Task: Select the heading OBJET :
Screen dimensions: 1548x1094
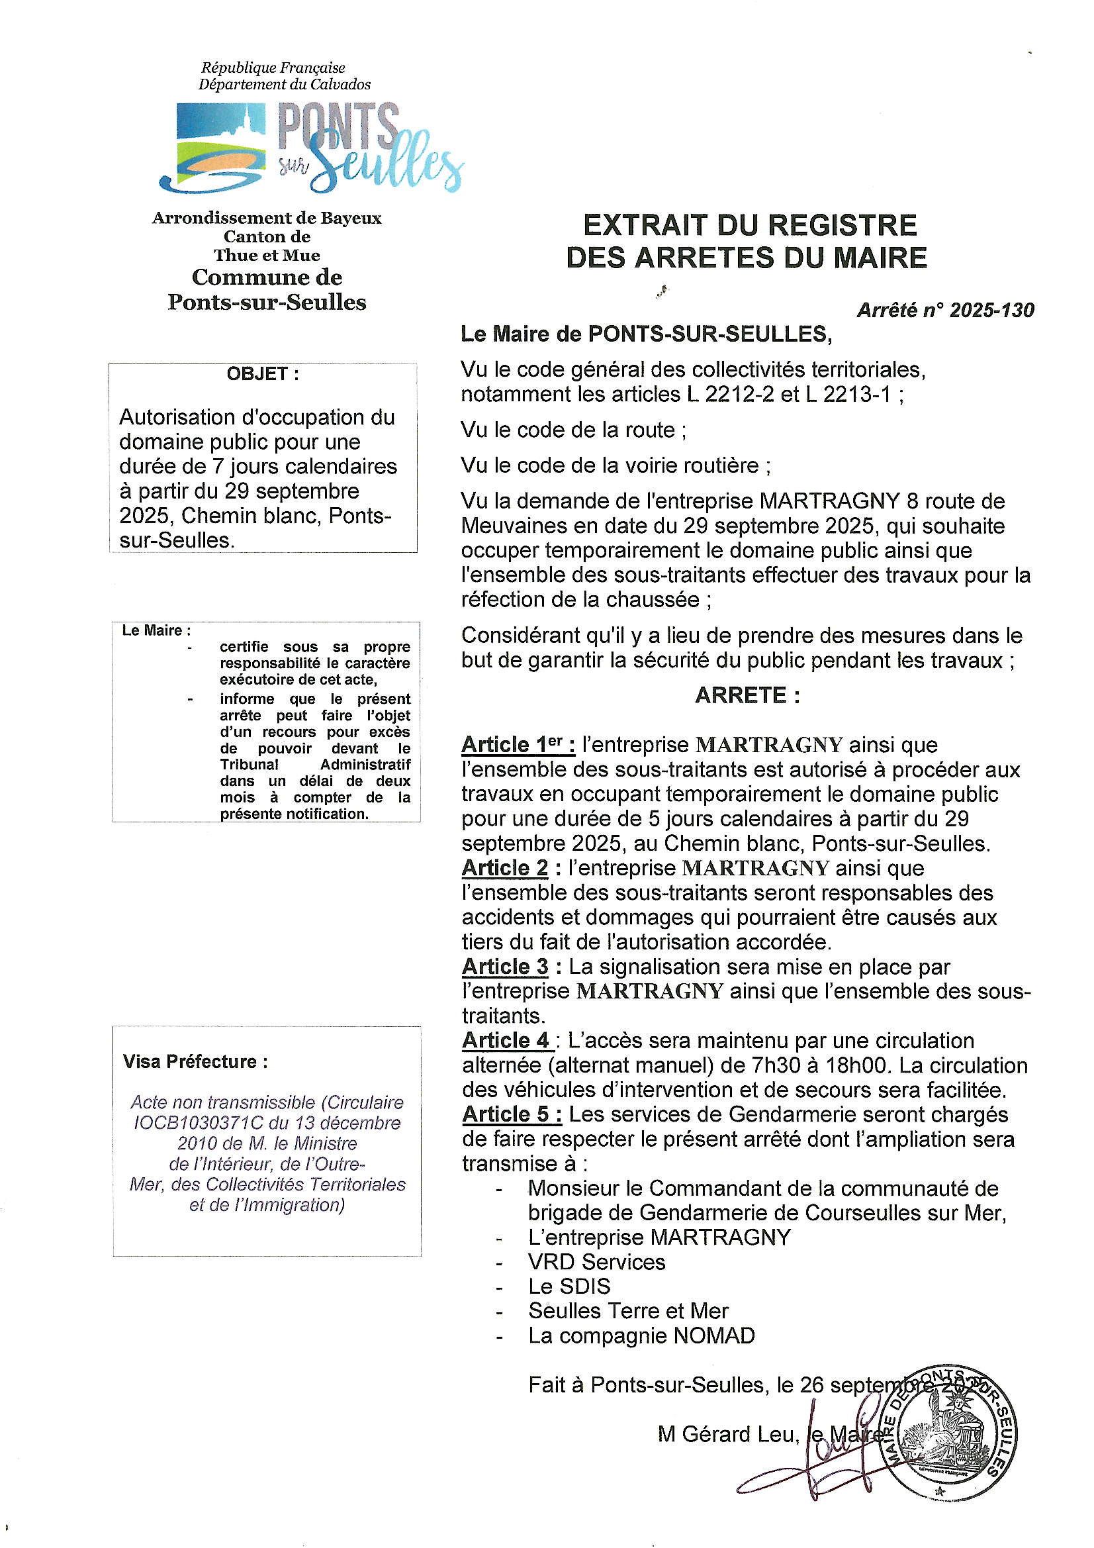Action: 262,374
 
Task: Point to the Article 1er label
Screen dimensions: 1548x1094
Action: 518,745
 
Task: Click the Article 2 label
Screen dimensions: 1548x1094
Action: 506,869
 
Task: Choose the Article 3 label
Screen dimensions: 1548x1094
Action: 506,967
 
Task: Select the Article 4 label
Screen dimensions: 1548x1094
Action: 507,1040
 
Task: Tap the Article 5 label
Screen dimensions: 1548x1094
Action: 512,1114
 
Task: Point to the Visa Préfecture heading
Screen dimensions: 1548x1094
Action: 195,1062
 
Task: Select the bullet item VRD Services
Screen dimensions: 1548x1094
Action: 596,1262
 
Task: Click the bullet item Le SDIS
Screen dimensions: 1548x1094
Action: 569,1286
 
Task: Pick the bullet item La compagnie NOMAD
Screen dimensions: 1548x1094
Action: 641,1335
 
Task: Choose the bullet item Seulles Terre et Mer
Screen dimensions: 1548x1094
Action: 628,1312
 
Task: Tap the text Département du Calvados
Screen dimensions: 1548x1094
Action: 284,85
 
